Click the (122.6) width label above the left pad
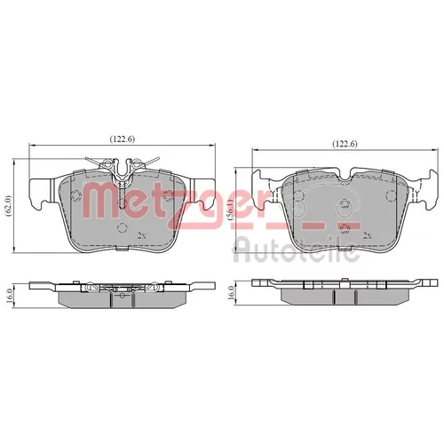(123, 139)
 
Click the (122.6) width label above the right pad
(345, 144)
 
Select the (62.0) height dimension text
(9, 207)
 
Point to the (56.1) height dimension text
(230, 208)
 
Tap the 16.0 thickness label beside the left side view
(9, 296)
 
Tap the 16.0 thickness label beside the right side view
(231, 293)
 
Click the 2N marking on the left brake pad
(142, 235)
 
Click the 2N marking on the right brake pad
(368, 235)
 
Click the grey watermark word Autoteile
(297, 251)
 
